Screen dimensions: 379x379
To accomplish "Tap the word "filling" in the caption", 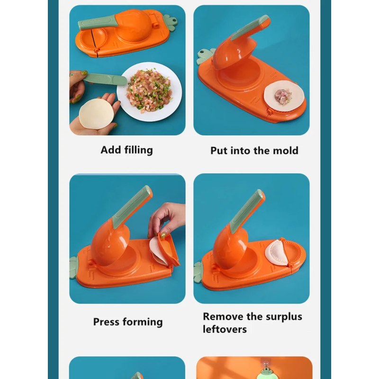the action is click(138, 150).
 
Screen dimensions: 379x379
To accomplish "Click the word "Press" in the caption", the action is click(106, 322).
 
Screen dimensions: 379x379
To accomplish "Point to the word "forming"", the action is click(143, 322).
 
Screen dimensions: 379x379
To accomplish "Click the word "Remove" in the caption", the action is click(223, 316).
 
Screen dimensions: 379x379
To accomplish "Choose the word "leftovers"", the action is click(225, 329).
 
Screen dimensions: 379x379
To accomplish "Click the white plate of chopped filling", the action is click(149, 91).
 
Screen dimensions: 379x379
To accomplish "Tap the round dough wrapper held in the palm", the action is click(97, 114).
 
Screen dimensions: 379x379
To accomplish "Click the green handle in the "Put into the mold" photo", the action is click(250, 27).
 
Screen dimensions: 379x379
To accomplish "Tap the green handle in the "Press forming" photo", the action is click(132, 207).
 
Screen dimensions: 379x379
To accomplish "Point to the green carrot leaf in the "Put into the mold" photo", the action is click(205, 56).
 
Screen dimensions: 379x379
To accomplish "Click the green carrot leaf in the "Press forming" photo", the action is click(73, 268).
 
